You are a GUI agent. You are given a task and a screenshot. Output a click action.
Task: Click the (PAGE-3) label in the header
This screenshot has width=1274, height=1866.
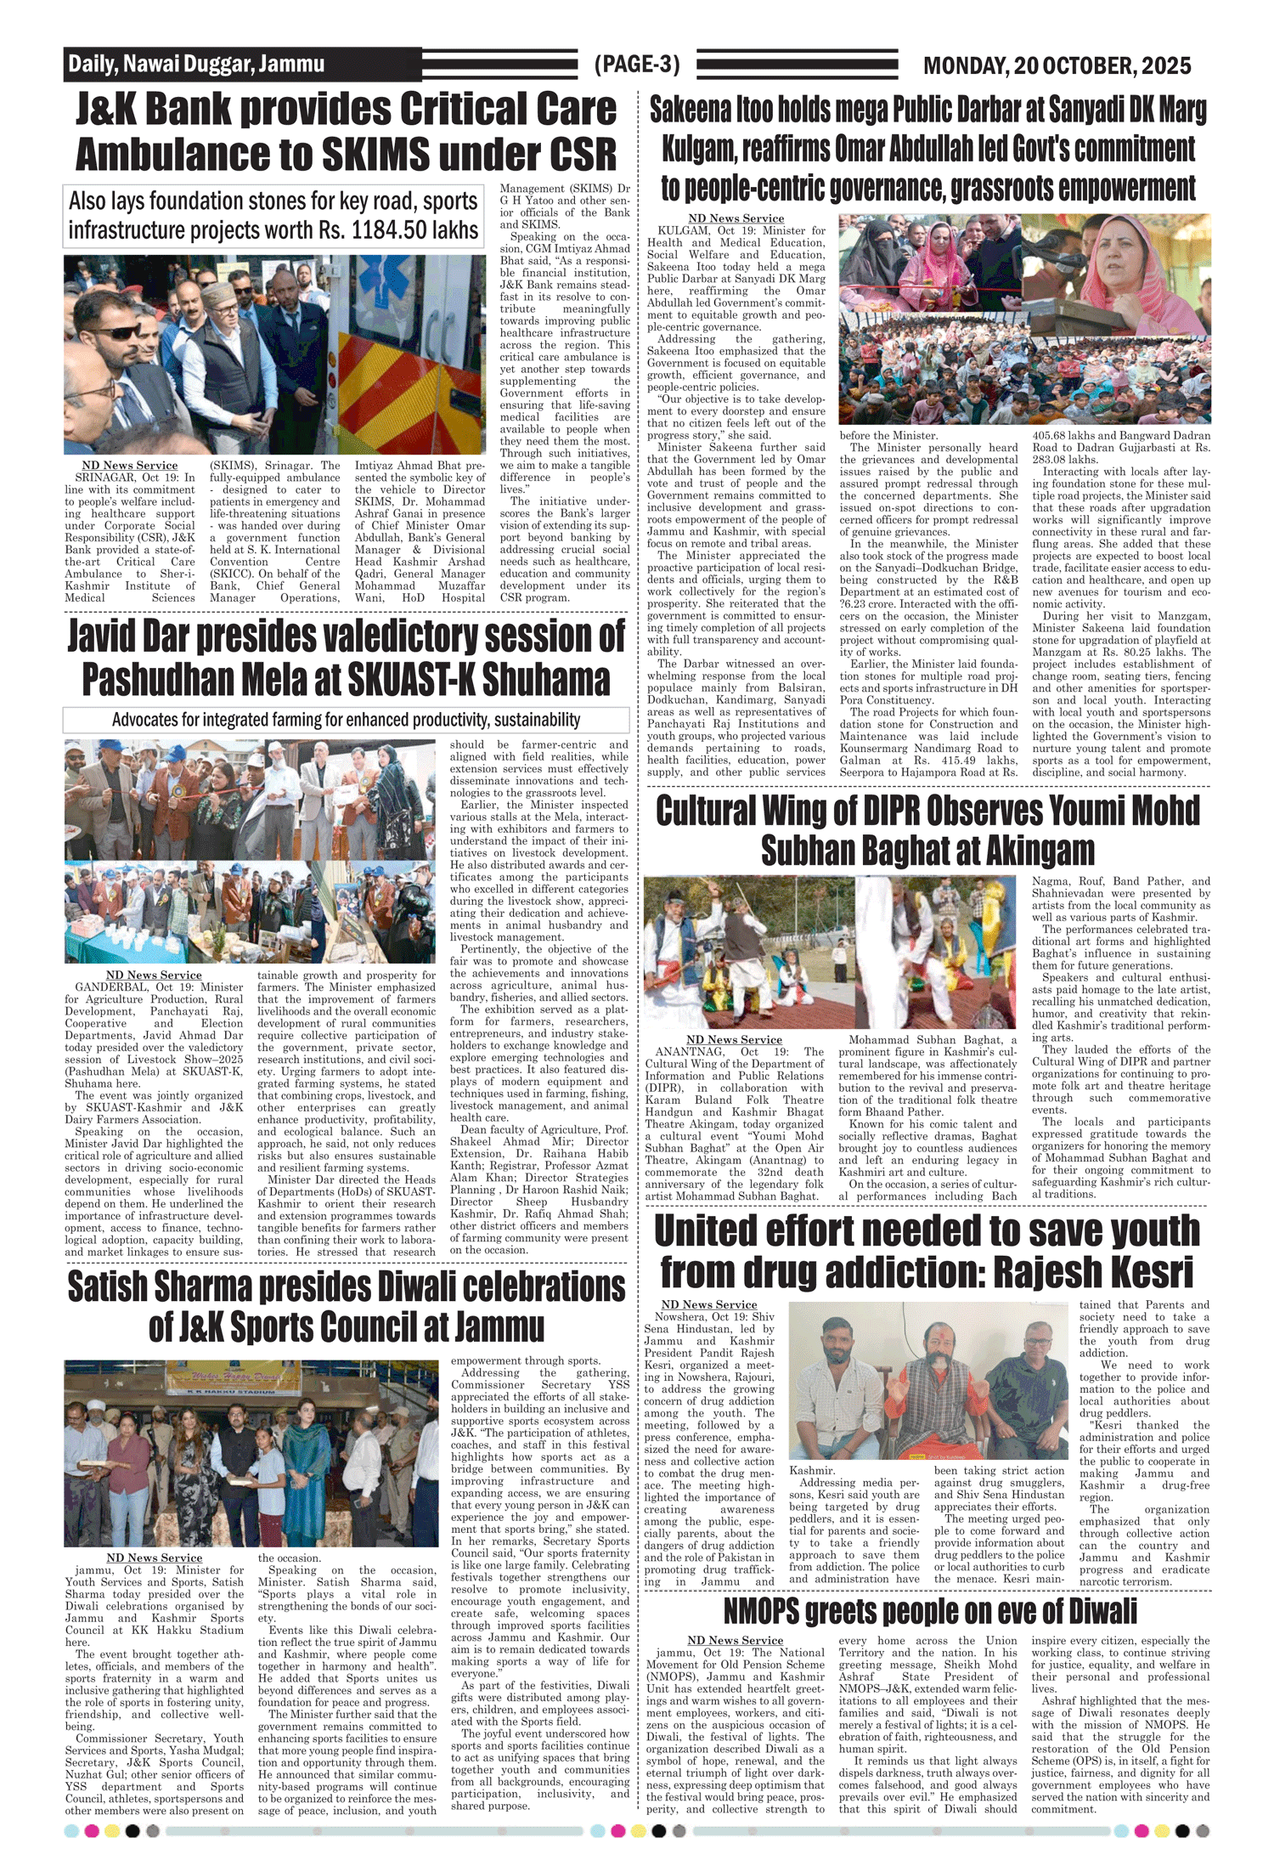pyautogui.click(x=637, y=65)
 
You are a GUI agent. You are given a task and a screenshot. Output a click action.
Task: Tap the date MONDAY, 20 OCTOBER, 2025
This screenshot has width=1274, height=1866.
pyautogui.click(x=1057, y=65)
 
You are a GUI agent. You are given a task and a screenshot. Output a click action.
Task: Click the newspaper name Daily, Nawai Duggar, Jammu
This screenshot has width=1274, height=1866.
pyautogui.click(x=196, y=64)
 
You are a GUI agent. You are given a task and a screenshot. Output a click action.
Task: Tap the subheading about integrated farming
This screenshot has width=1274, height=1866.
pyautogui.click(x=346, y=720)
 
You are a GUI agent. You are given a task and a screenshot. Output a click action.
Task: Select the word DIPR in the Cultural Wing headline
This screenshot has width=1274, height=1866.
pyautogui.click(x=899, y=811)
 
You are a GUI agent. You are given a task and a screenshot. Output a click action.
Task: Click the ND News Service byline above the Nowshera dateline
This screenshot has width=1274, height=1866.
pyautogui.click(x=708, y=1304)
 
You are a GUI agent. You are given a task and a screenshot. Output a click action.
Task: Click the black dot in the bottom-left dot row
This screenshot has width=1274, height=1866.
pyautogui.click(x=132, y=1831)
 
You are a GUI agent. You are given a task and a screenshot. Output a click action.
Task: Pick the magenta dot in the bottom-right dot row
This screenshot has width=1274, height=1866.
pyautogui.click(x=1141, y=1831)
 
